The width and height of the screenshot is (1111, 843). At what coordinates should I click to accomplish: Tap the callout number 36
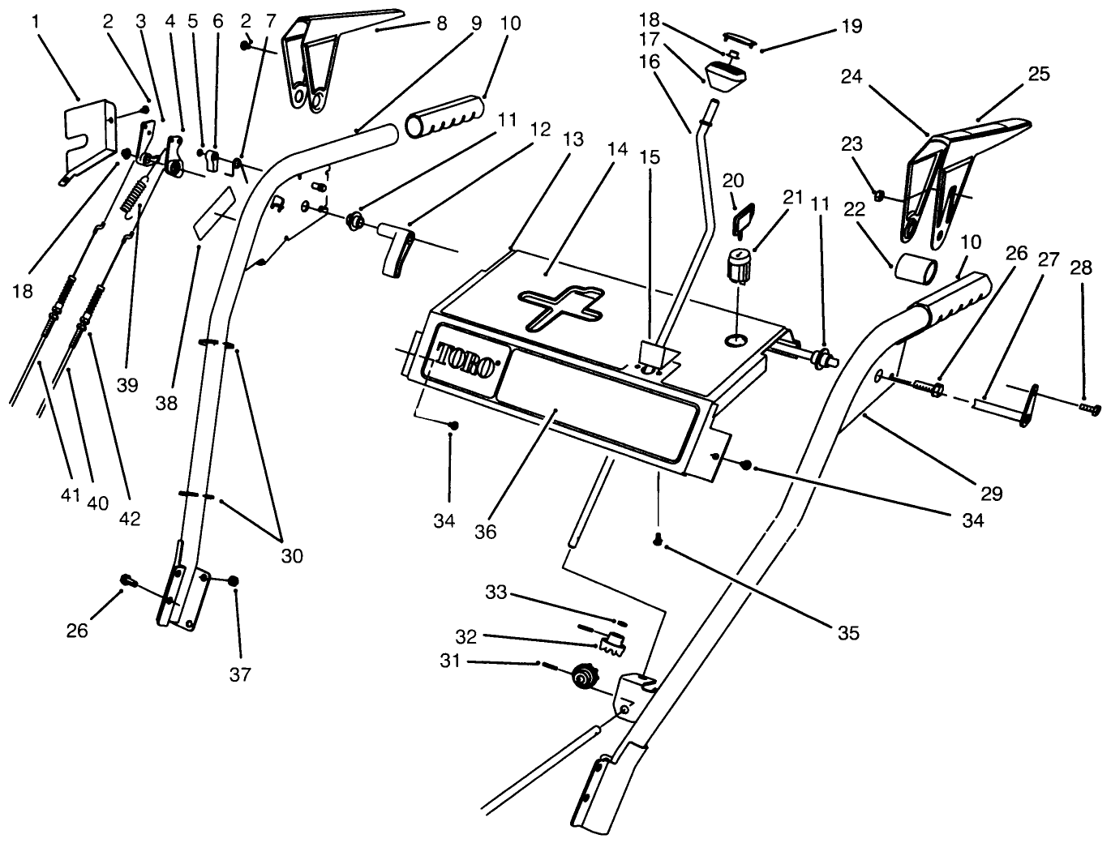487,532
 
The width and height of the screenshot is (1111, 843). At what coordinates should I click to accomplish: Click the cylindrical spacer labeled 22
916,267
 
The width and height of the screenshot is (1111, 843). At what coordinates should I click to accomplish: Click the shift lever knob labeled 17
727,75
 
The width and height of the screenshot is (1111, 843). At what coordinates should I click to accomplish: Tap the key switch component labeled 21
739,266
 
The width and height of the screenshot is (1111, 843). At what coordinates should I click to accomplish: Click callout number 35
848,632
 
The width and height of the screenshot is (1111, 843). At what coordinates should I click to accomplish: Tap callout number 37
240,674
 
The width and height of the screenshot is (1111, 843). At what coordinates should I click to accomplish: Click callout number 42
129,519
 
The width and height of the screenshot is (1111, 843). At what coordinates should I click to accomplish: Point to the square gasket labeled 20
743,216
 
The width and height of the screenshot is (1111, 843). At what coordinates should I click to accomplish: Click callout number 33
495,593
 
